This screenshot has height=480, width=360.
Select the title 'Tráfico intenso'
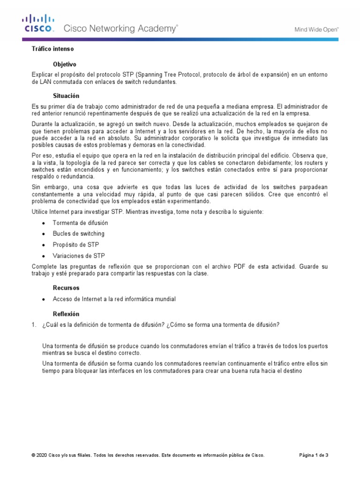[x=52, y=49]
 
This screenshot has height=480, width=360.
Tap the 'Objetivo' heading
[x=65, y=64]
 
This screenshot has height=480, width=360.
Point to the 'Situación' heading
[x=66, y=96]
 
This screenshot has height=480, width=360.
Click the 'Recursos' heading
[x=66, y=288]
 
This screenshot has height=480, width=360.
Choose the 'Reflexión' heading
[x=66, y=314]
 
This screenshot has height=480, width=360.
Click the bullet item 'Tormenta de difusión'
[x=80, y=223]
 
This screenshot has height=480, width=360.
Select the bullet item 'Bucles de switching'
[x=79, y=233]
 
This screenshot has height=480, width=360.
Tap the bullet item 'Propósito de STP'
[x=76, y=245]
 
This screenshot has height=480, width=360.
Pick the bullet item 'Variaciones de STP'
[x=79, y=256]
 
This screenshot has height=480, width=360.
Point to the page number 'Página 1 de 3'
[x=314, y=455]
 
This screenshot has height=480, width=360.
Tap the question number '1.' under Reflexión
[x=34, y=325]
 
